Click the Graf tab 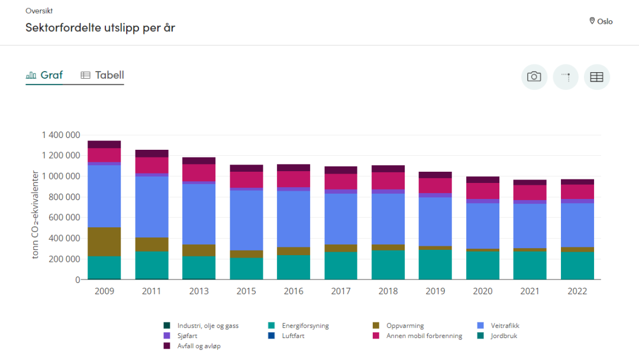pos(45,75)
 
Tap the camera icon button pos(534,77)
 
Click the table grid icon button pos(596,77)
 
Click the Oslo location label pos(601,21)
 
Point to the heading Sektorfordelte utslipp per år pos(100,28)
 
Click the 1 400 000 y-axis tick pos(60,135)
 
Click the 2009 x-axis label pos(104,291)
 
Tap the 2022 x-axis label pos(577,291)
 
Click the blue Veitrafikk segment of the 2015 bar pos(246,220)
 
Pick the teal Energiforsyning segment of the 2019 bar pos(435,264)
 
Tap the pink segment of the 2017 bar pos(341,181)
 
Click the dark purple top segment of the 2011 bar pos(151,153)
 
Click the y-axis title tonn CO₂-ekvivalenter pos(35,214)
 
